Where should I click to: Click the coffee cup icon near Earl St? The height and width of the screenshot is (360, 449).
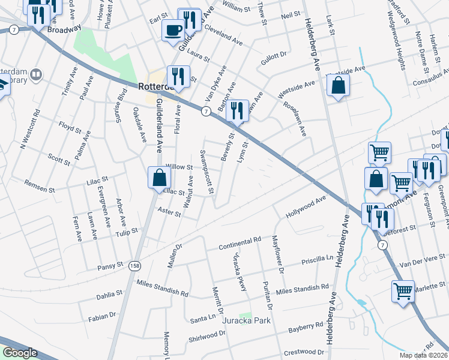[x=173, y=29]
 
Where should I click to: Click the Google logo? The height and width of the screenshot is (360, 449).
[x=19, y=353]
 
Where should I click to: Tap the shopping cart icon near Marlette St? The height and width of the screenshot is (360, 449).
[x=403, y=292]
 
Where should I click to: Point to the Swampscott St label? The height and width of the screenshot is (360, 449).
[x=207, y=172]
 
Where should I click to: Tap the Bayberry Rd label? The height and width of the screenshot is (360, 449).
[x=306, y=328]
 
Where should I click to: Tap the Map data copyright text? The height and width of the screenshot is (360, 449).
[x=424, y=355]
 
